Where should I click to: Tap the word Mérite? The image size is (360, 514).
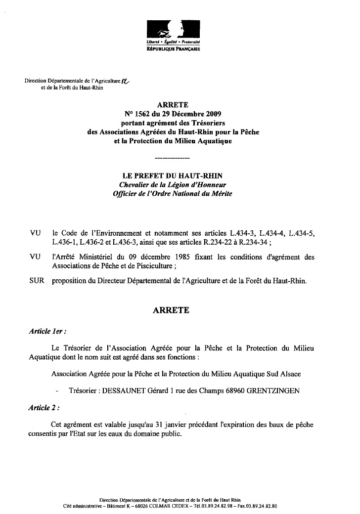coord(219,194)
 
